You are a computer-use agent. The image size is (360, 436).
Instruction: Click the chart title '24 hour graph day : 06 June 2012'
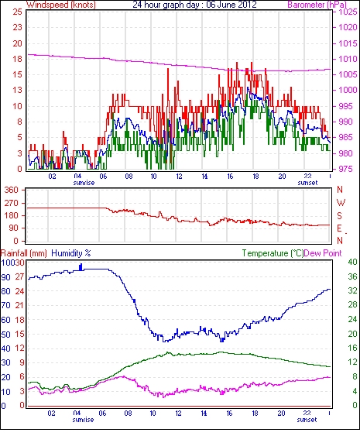coord(194,5)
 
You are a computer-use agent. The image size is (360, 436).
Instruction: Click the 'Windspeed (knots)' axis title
coord(61,5)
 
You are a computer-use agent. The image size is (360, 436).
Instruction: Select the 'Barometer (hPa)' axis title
coord(317,5)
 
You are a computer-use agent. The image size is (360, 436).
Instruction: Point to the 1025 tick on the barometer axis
coord(348,12)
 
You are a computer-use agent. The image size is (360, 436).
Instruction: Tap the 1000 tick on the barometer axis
coord(348,90)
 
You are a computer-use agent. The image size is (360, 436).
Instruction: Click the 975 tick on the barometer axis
coord(345,169)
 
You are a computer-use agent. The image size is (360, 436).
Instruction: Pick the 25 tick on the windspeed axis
coord(17,12)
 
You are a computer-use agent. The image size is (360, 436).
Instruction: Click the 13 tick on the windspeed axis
coord(17,90)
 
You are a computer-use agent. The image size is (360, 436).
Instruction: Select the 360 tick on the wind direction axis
coord(12,191)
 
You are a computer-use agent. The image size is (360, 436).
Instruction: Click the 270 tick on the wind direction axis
coord(12,203)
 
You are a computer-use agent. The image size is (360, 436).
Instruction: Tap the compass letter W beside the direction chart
coord(341,203)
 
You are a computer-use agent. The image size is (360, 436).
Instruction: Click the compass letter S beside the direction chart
coord(339,216)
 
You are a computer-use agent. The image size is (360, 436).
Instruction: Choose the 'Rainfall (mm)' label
coord(24,253)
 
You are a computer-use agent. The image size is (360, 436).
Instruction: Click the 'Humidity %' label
coord(71,253)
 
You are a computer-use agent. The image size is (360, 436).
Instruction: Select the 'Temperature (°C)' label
coord(273,253)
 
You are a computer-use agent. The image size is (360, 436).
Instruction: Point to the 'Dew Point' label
coord(323,253)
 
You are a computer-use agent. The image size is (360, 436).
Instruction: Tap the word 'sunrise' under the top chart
coord(84,183)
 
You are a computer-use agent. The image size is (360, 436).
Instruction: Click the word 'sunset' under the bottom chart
coord(307,419)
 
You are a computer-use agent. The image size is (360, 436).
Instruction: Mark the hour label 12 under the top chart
coord(179,177)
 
